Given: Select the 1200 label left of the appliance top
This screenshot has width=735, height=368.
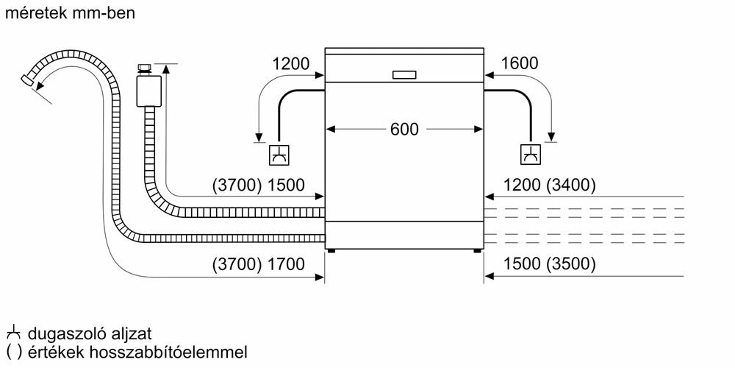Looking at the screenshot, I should (x=290, y=64).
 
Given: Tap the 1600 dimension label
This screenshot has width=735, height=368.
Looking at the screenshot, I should (x=519, y=64).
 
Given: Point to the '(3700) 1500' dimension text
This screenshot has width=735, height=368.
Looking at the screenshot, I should (x=257, y=185).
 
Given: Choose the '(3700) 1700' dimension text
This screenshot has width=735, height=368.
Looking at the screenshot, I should (x=257, y=264).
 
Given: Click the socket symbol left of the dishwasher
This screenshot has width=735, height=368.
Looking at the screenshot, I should (x=279, y=155).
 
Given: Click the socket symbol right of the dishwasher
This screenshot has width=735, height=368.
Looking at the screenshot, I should (x=529, y=155).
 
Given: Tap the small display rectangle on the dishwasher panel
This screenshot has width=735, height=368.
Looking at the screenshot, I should (x=404, y=74).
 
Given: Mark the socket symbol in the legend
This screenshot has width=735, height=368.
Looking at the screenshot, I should (x=12, y=334).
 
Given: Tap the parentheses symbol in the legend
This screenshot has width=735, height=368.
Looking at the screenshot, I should (x=12, y=353).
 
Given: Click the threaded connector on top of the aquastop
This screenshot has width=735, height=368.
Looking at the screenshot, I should (x=145, y=69).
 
